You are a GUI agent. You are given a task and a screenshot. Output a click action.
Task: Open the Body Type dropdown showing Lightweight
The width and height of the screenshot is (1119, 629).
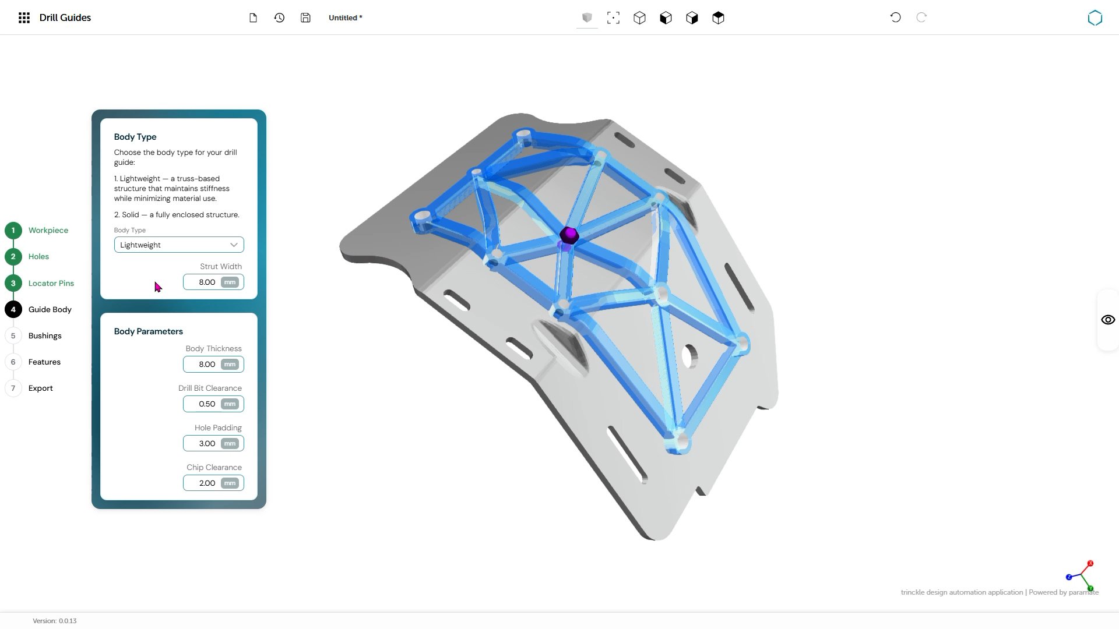[x=179, y=245]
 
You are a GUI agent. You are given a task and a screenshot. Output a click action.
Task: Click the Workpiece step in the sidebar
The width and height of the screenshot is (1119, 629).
[x=48, y=231]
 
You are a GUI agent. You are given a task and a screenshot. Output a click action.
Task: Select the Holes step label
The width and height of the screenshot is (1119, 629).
[x=38, y=257]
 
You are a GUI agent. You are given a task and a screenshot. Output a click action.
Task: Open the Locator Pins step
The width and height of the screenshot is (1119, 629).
[x=51, y=284]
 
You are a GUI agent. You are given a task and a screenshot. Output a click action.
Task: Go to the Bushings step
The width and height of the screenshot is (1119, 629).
[x=45, y=336]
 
